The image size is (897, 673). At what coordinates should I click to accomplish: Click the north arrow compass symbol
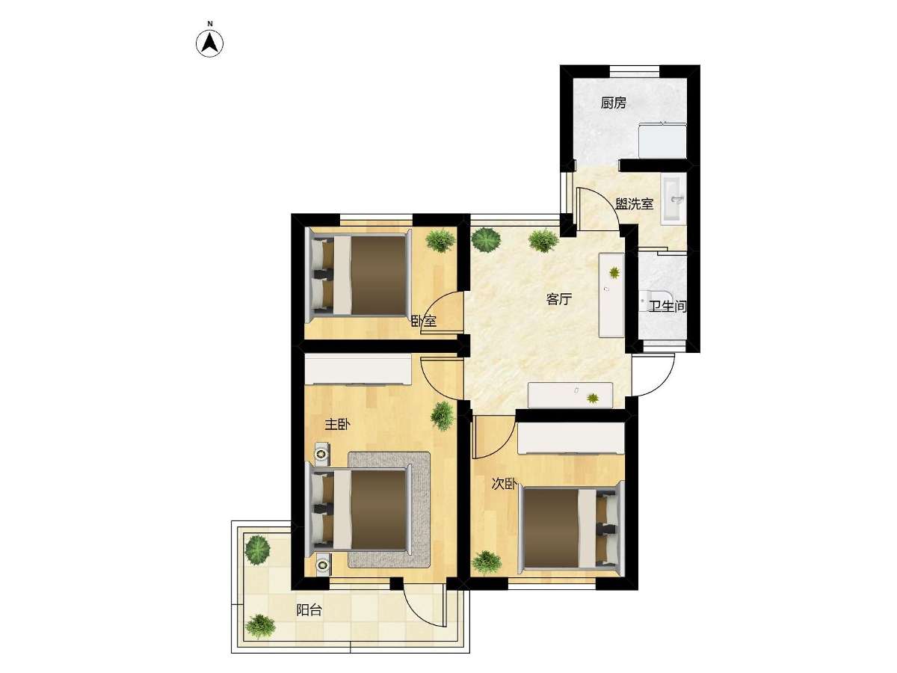click(209, 43)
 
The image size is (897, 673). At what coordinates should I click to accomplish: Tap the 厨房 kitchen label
click(613, 103)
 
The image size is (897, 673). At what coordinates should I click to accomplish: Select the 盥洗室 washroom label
click(634, 204)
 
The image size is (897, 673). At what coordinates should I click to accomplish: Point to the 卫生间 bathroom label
click(668, 306)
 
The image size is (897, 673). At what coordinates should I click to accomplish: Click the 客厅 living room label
click(558, 300)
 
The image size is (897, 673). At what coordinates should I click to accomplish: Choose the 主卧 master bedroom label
click(337, 425)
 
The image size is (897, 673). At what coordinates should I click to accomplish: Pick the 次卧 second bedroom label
click(505, 485)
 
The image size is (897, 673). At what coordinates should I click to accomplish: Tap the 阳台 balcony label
click(309, 610)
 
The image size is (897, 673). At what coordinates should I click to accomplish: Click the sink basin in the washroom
click(674, 201)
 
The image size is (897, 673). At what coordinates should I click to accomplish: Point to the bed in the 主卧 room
click(360, 508)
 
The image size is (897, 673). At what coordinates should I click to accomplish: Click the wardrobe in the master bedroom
click(358, 369)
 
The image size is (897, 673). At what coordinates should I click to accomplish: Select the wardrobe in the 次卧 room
click(571, 438)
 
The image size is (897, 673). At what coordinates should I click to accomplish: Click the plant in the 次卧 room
click(487, 562)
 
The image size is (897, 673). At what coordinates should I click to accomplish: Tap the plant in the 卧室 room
click(440, 240)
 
